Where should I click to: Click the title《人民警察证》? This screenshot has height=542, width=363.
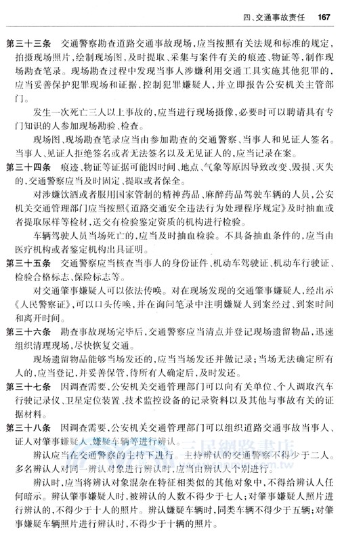(39, 297)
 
